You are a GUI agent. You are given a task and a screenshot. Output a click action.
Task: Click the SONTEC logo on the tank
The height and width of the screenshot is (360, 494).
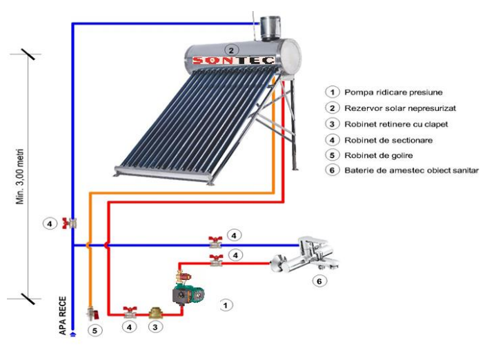coord(233,61)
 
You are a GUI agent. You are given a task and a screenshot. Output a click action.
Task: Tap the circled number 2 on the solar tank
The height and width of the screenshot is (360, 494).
coord(232,50)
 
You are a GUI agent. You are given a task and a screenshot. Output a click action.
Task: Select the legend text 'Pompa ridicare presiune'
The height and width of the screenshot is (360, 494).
coord(385,92)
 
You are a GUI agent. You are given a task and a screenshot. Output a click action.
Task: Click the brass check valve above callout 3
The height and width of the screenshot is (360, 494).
coord(157,312)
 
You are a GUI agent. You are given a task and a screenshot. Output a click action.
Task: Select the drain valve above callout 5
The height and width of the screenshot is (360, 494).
coord(90,312)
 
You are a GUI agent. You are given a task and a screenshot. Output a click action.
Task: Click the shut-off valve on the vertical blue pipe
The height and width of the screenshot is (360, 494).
coord(69,223)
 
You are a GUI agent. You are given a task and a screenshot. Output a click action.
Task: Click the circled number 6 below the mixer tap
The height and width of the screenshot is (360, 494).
coord(318,281)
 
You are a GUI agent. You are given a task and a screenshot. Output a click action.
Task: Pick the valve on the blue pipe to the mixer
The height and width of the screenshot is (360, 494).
coord(215,243)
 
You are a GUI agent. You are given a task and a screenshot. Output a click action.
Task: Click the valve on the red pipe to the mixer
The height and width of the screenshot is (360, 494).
coord(215,261)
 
